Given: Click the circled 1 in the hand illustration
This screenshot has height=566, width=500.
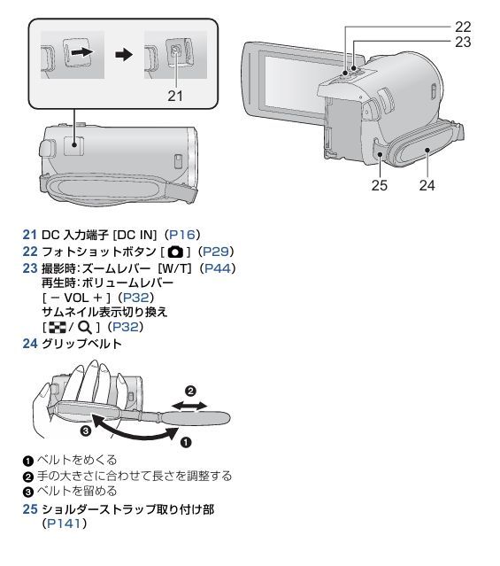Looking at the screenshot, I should [x=185, y=442].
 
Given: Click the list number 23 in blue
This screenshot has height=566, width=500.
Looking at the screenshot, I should [x=29, y=268].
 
